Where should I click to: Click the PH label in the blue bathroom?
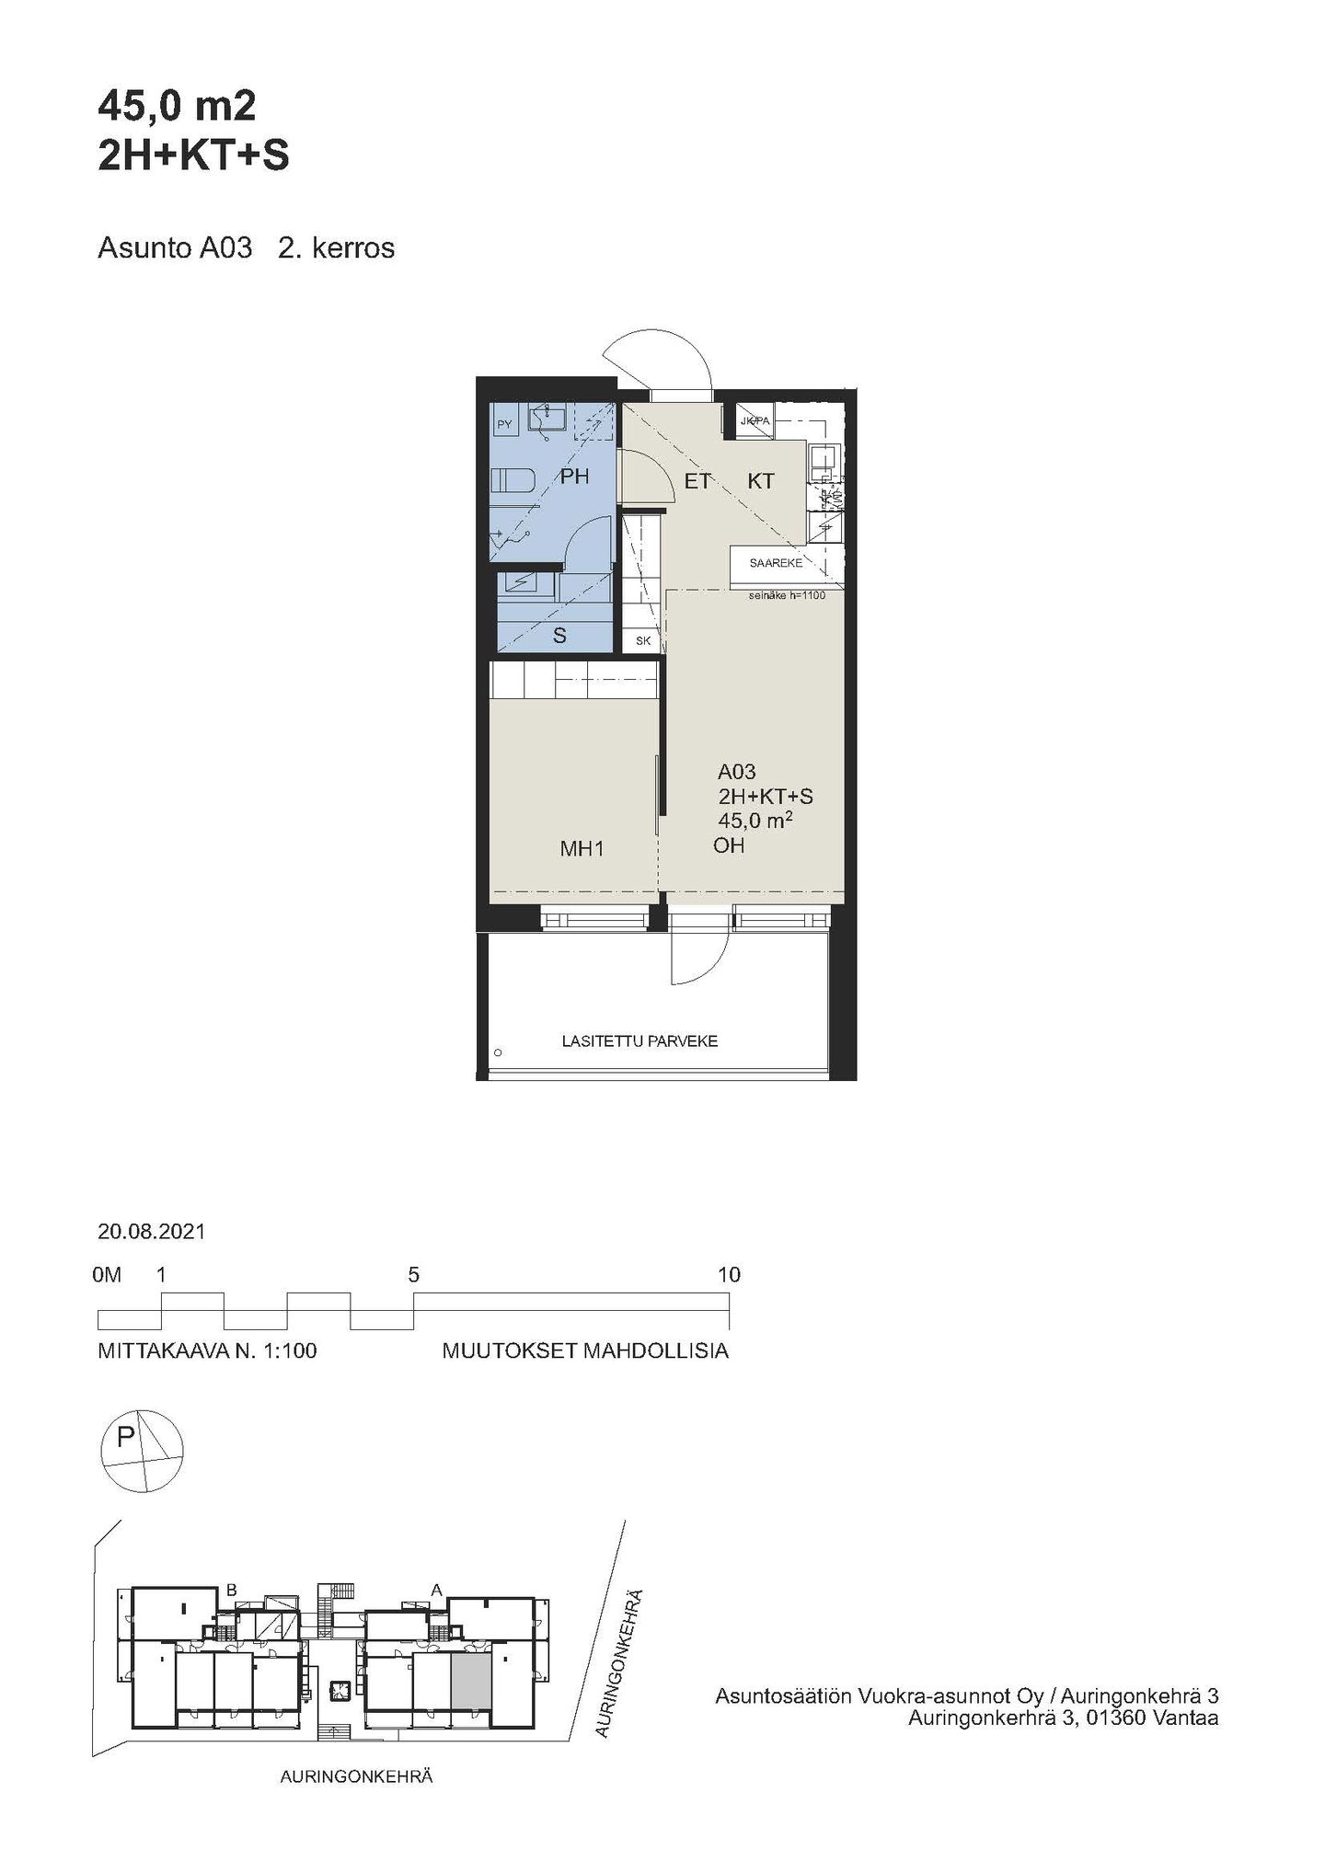point(575,477)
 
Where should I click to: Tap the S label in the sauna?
point(559,636)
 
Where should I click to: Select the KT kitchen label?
point(761,481)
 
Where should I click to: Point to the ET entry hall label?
point(697,481)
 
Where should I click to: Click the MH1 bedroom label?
point(582,849)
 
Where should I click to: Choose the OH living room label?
point(729,845)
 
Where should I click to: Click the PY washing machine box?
point(504,424)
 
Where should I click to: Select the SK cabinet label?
point(643,640)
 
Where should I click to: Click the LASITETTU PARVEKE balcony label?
point(639,1041)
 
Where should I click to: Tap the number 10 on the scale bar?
point(729,1275)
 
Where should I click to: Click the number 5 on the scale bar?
point(414,1275)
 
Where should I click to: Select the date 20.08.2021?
point(152,1231)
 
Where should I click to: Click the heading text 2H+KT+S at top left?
point(193,157)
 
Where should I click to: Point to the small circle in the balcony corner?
point(499,1052)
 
